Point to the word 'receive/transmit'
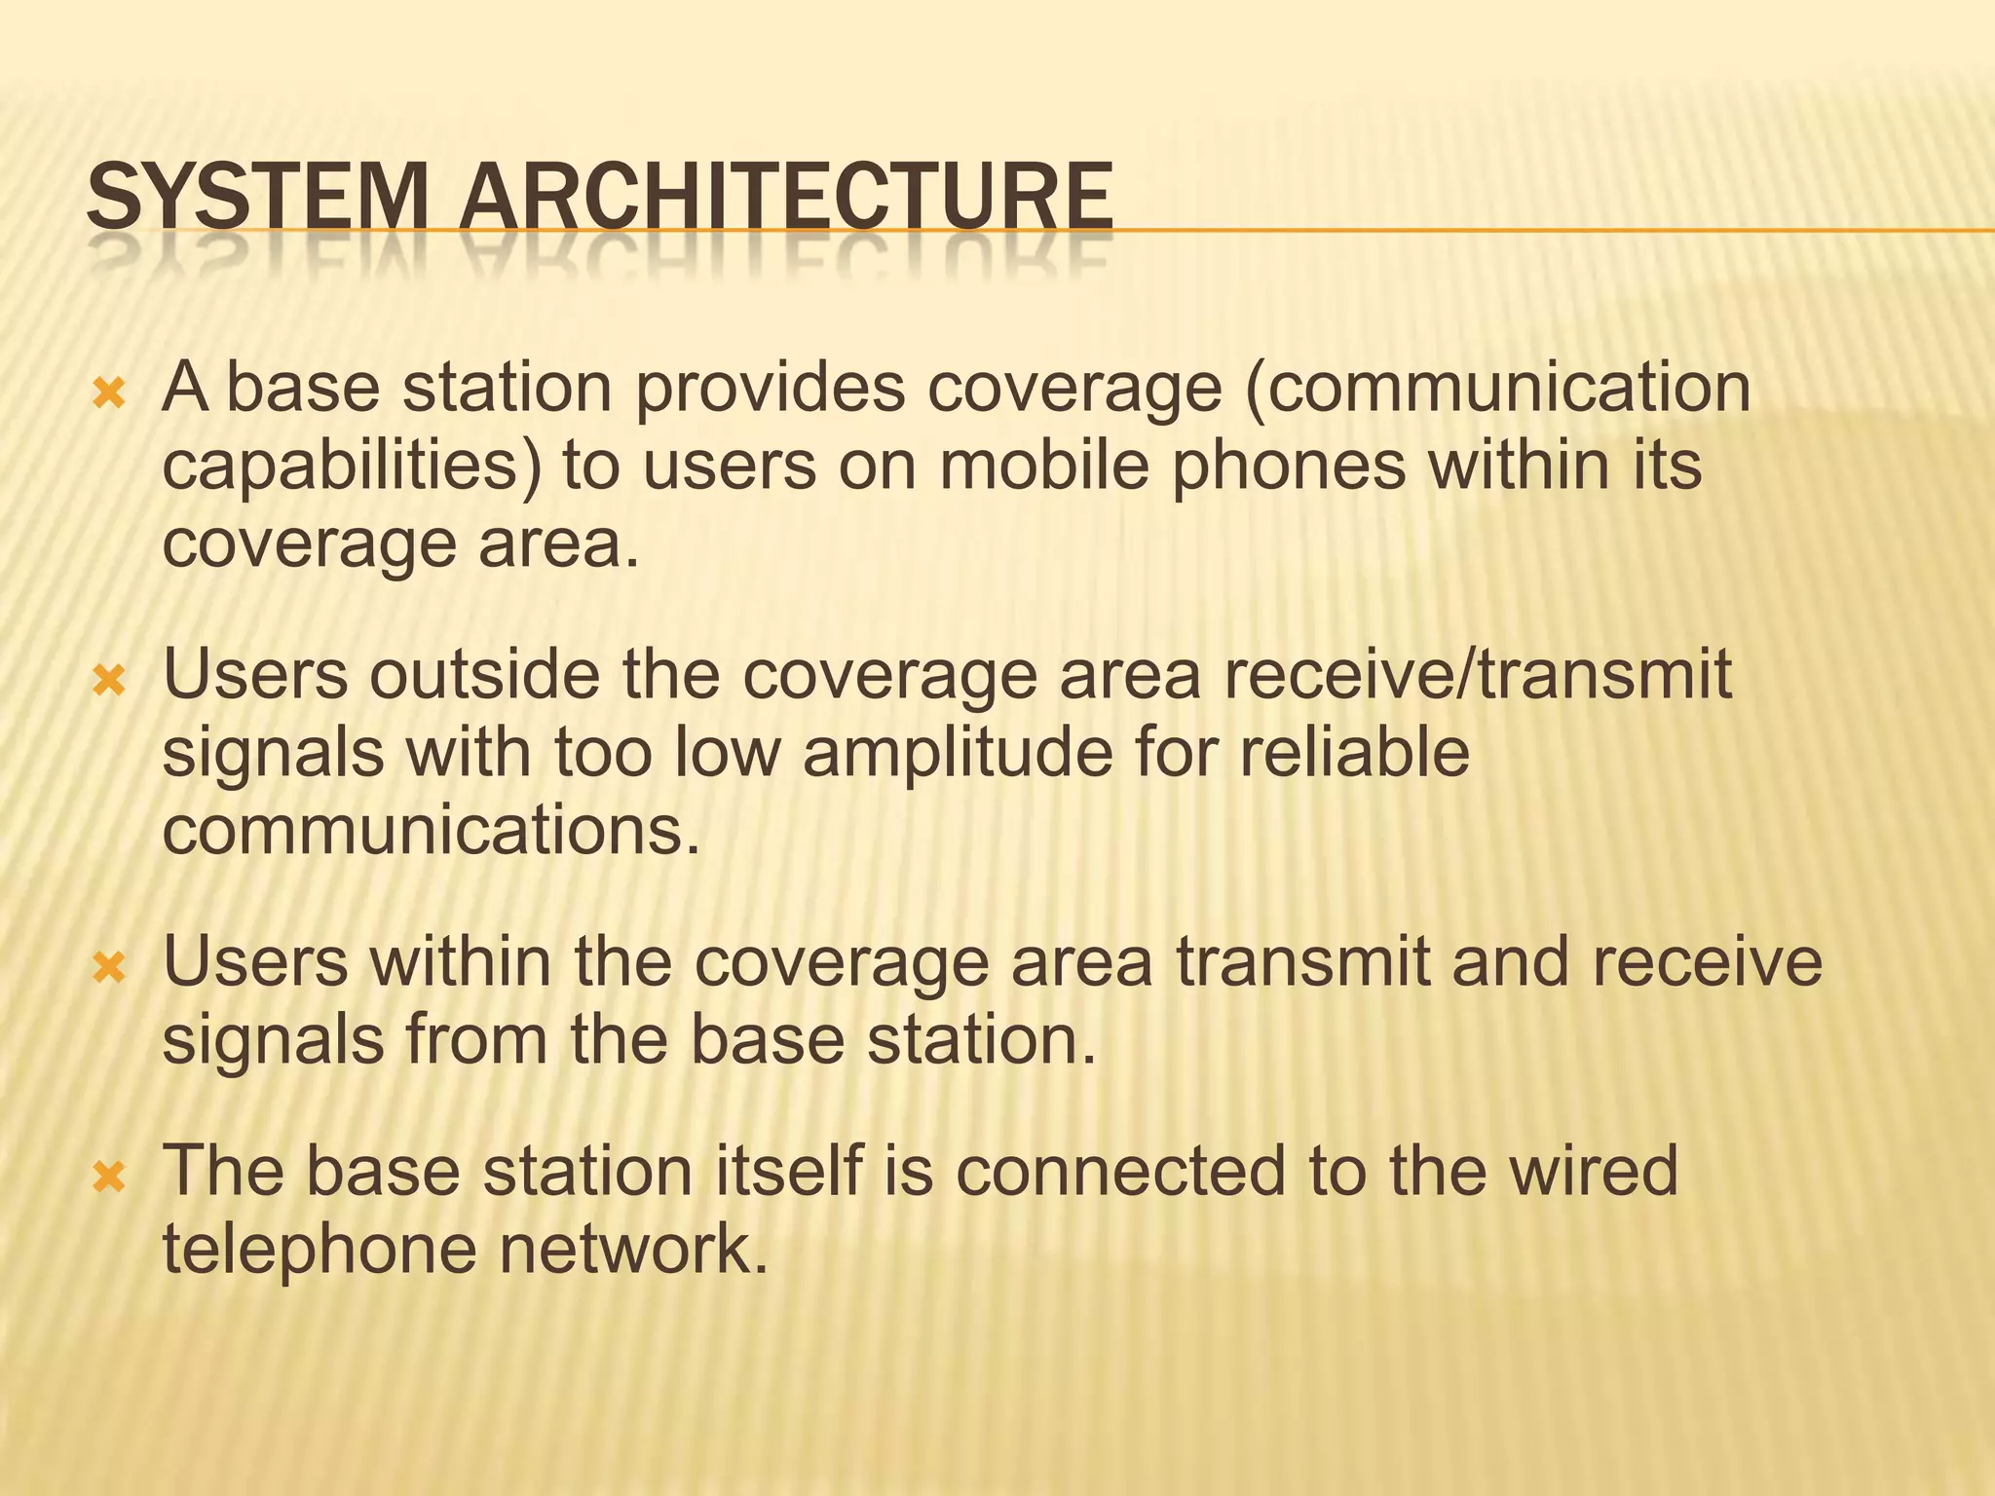(x=1477, y=675)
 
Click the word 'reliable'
(x=1353, y=753)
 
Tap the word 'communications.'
(x=432, y=831)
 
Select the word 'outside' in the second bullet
(x=484, y=675)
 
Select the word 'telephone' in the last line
(x=320, y=1251)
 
